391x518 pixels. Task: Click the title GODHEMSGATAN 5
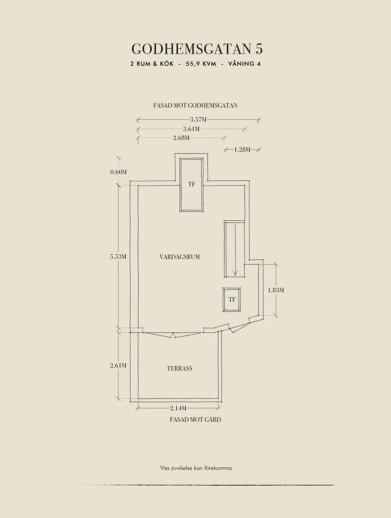(197, 49)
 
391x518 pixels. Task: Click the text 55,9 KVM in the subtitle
(201, 64)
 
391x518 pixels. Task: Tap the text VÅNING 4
(245, 64)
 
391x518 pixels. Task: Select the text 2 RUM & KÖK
(152, 64)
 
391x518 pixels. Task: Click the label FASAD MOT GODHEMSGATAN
(195, 105)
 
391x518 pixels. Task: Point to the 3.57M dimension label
(198, 120)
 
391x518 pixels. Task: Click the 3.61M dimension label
(191, 129)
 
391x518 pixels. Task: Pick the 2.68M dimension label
(181, 138)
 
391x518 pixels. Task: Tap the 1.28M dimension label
(242, 150)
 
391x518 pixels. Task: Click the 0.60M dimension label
(118, 172)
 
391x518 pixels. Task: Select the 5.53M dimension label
(118, 257)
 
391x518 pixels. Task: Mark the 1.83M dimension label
(276, 290)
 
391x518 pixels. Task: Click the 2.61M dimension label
(118, 366)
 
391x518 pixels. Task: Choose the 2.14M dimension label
(178, 408)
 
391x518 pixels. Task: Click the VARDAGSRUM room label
(179, 257)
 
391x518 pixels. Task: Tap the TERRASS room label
(179, 368)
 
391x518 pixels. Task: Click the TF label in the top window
(191, 184)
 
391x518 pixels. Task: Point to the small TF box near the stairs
(232, 300)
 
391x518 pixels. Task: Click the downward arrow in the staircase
(235, 250)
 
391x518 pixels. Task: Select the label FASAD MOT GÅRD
(195, 420)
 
